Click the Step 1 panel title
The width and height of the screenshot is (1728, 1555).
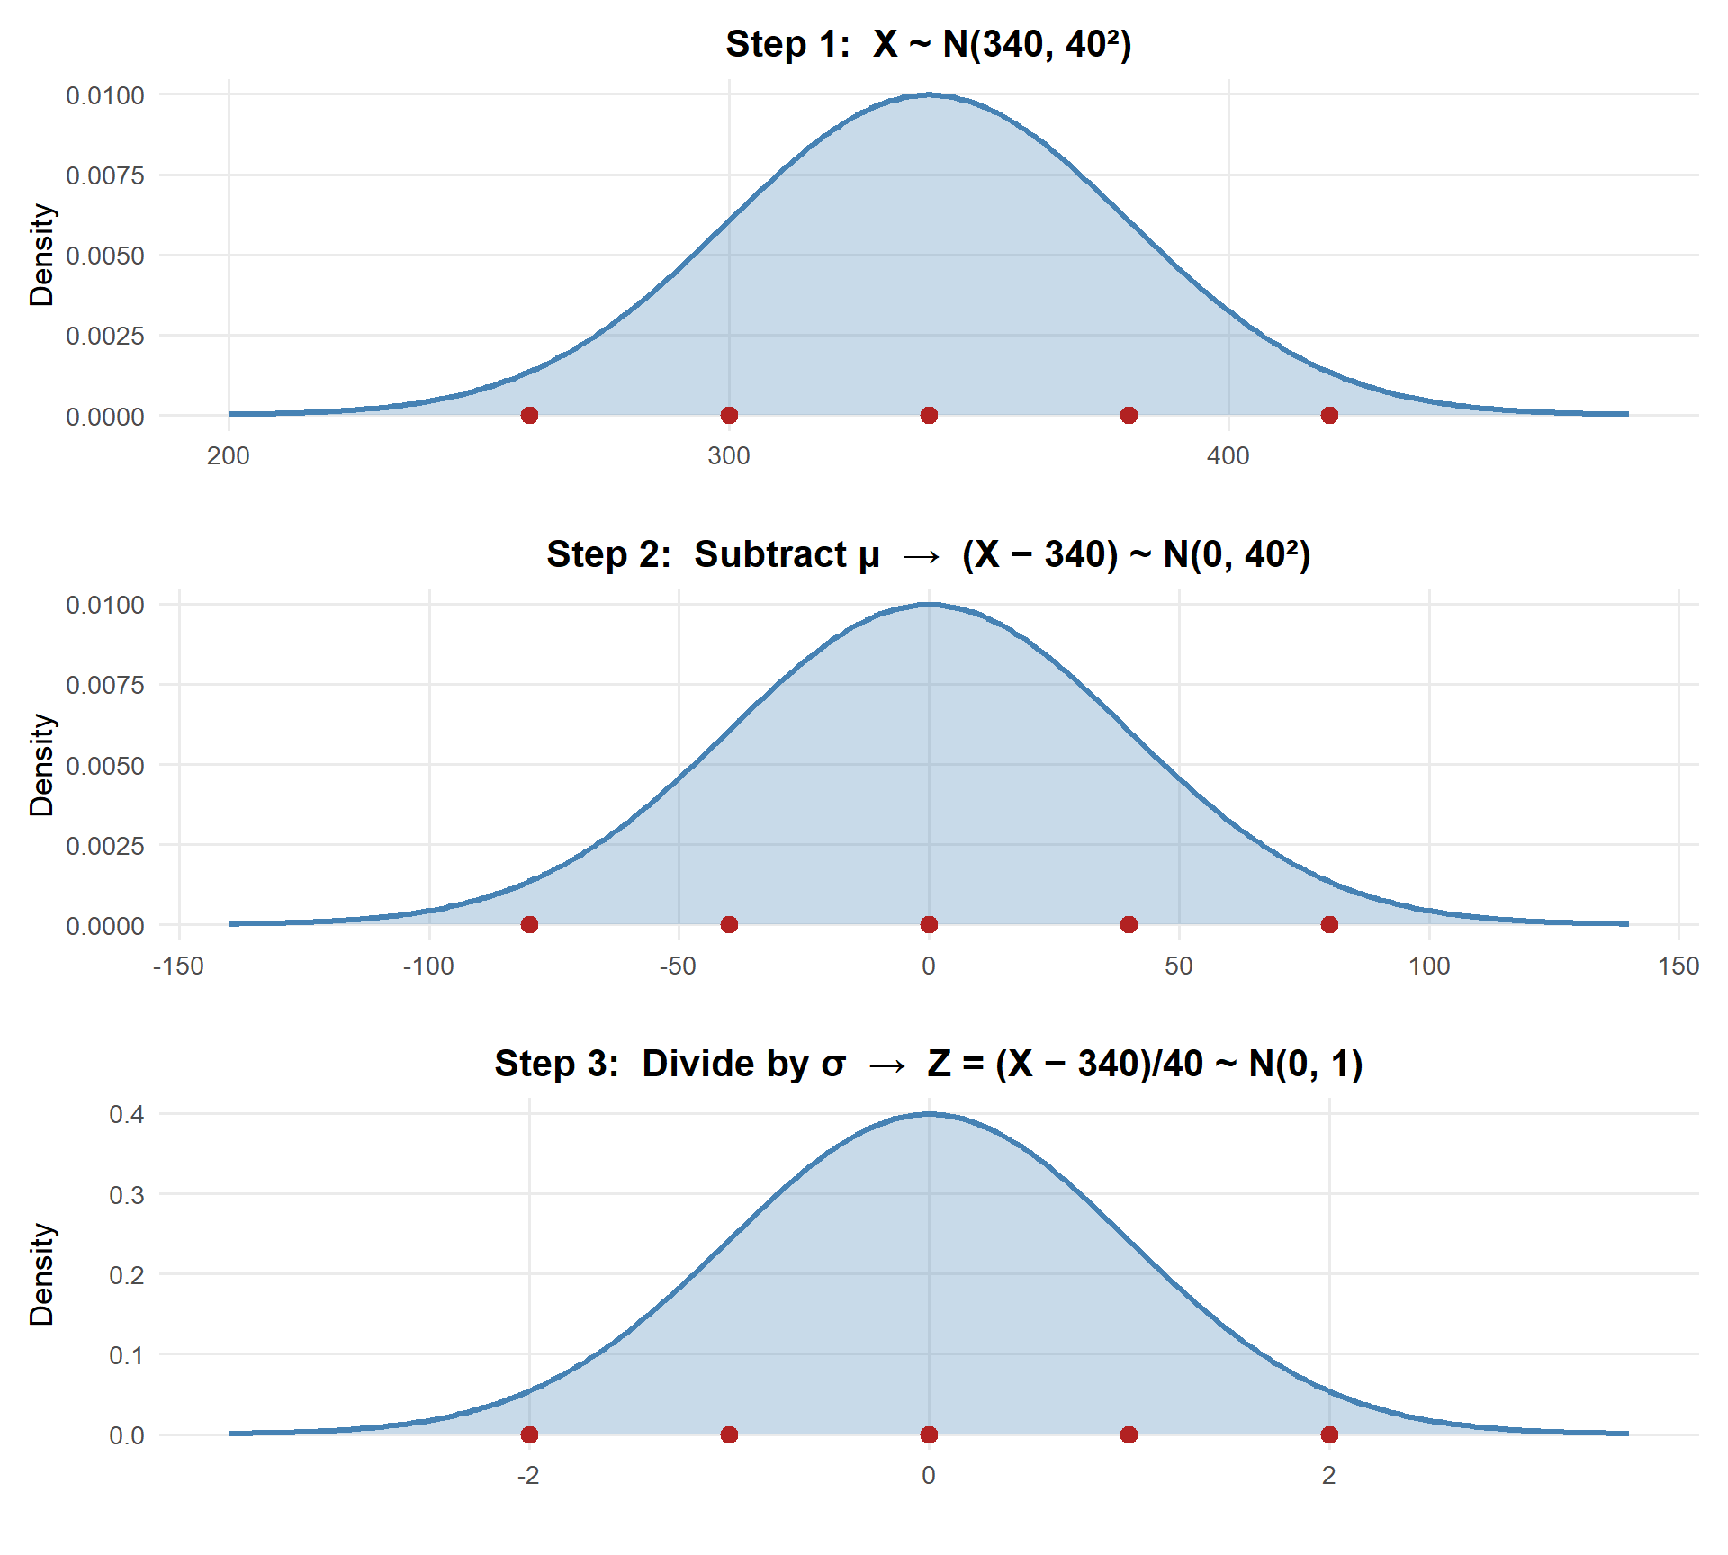[929, 44]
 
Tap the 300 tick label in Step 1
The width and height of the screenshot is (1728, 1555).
[729, 456]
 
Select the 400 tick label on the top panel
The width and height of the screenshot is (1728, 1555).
[1228, 456]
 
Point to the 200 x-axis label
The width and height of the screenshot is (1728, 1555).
[229, 456]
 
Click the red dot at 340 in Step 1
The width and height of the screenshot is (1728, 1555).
[929, 415]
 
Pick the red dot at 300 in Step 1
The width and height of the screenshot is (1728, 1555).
[729, 415]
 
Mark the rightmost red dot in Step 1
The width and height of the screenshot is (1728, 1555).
[1329, 415]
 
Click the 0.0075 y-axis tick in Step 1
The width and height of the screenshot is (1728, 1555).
[104, 175]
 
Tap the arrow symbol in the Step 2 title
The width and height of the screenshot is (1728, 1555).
[921, 556]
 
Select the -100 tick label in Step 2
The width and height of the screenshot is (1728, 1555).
[428, 966]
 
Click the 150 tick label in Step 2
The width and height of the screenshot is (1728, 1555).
[1678, 966]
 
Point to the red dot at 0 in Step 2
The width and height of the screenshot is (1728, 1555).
[929, 924]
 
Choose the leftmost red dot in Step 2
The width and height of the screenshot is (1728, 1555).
[529, 924]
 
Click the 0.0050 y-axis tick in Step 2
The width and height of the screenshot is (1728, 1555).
[104, 766]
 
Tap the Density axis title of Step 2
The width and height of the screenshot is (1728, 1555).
[41, 765]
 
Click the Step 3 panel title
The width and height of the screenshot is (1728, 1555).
[929, 1064]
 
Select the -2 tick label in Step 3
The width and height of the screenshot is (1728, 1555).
[528, 1476]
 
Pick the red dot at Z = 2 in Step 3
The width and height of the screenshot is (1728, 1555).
[1329, 1434]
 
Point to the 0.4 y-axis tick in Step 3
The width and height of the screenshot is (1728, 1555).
[126, 1115]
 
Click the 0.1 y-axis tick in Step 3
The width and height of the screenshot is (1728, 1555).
[126, 1355]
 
